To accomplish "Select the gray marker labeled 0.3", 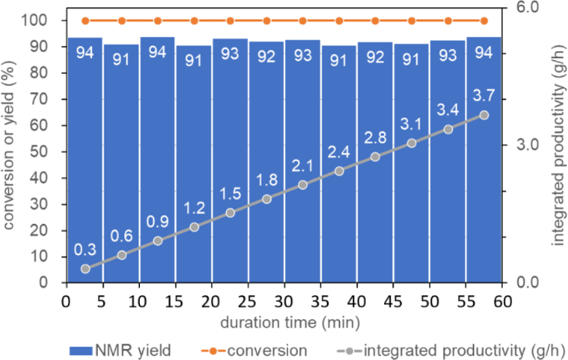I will pos(85,269).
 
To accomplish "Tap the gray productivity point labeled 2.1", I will pos(302,185).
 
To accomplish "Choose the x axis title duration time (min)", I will pos(284,322).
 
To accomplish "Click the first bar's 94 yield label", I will pos(85,53).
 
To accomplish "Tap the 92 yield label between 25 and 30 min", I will pos(266,57).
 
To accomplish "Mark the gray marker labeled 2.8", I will pos(375,157).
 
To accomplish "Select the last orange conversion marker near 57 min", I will pos(484,21).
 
